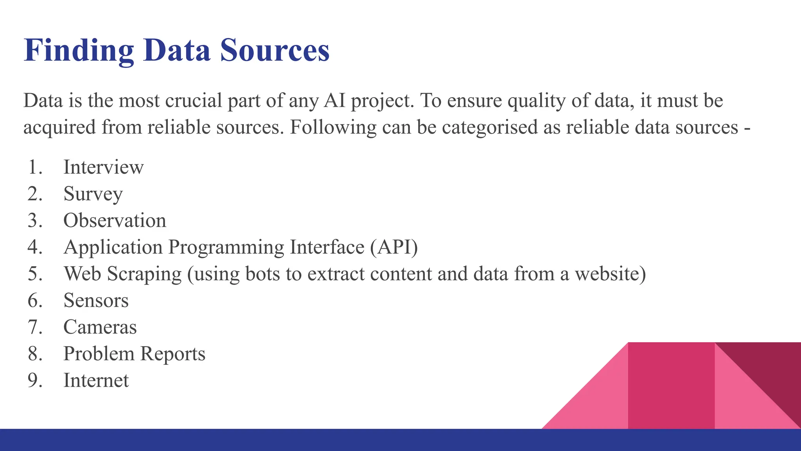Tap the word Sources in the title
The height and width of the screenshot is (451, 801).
[275, 51]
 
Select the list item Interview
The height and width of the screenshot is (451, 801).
[103, 167]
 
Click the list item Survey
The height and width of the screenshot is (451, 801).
[93, 194]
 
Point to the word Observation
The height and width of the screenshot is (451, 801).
[115, 220]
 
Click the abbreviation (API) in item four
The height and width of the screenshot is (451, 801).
[394, 247]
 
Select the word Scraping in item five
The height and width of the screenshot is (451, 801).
[144, 274]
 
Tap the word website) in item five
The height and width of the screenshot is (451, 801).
[610, 274]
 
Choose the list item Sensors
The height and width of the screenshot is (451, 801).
[96, 301]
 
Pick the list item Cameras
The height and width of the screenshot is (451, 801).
[100, 327]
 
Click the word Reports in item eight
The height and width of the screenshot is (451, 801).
[172, 354]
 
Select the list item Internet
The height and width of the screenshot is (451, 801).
[96, 381]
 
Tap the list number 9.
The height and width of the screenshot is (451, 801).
[34, 381]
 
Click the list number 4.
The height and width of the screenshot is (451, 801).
[34, 247]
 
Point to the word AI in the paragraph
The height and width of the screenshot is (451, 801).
[334, 101]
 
